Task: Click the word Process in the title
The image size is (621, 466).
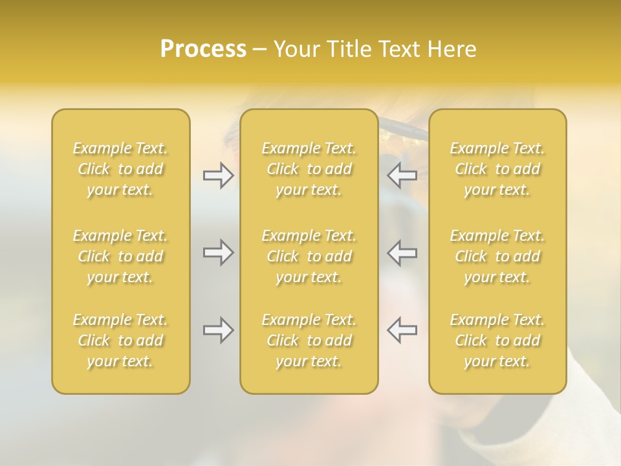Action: point(203,49)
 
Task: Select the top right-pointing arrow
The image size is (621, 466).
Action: point(218,175)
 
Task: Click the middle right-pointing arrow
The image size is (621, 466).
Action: point(218,252)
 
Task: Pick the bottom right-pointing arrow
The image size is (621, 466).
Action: point(218,330)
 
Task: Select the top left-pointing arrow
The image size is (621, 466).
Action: point(402,175)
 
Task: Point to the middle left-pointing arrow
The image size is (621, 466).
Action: point(402,252)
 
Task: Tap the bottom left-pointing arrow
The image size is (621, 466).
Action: point(402,330)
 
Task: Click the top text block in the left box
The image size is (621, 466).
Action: point(120,169)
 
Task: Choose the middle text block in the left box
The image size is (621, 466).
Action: point(120,256)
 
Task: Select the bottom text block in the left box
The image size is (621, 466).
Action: point(120,340)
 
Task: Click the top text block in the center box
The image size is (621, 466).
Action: point(309,169)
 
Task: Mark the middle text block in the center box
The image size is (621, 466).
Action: point(309,256)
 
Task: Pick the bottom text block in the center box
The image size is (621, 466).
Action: point(309,340)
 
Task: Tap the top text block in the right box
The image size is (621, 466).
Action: point(497,169)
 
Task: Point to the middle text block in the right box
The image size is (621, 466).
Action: point(497,256)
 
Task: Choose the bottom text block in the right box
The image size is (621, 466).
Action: point(497,340)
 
